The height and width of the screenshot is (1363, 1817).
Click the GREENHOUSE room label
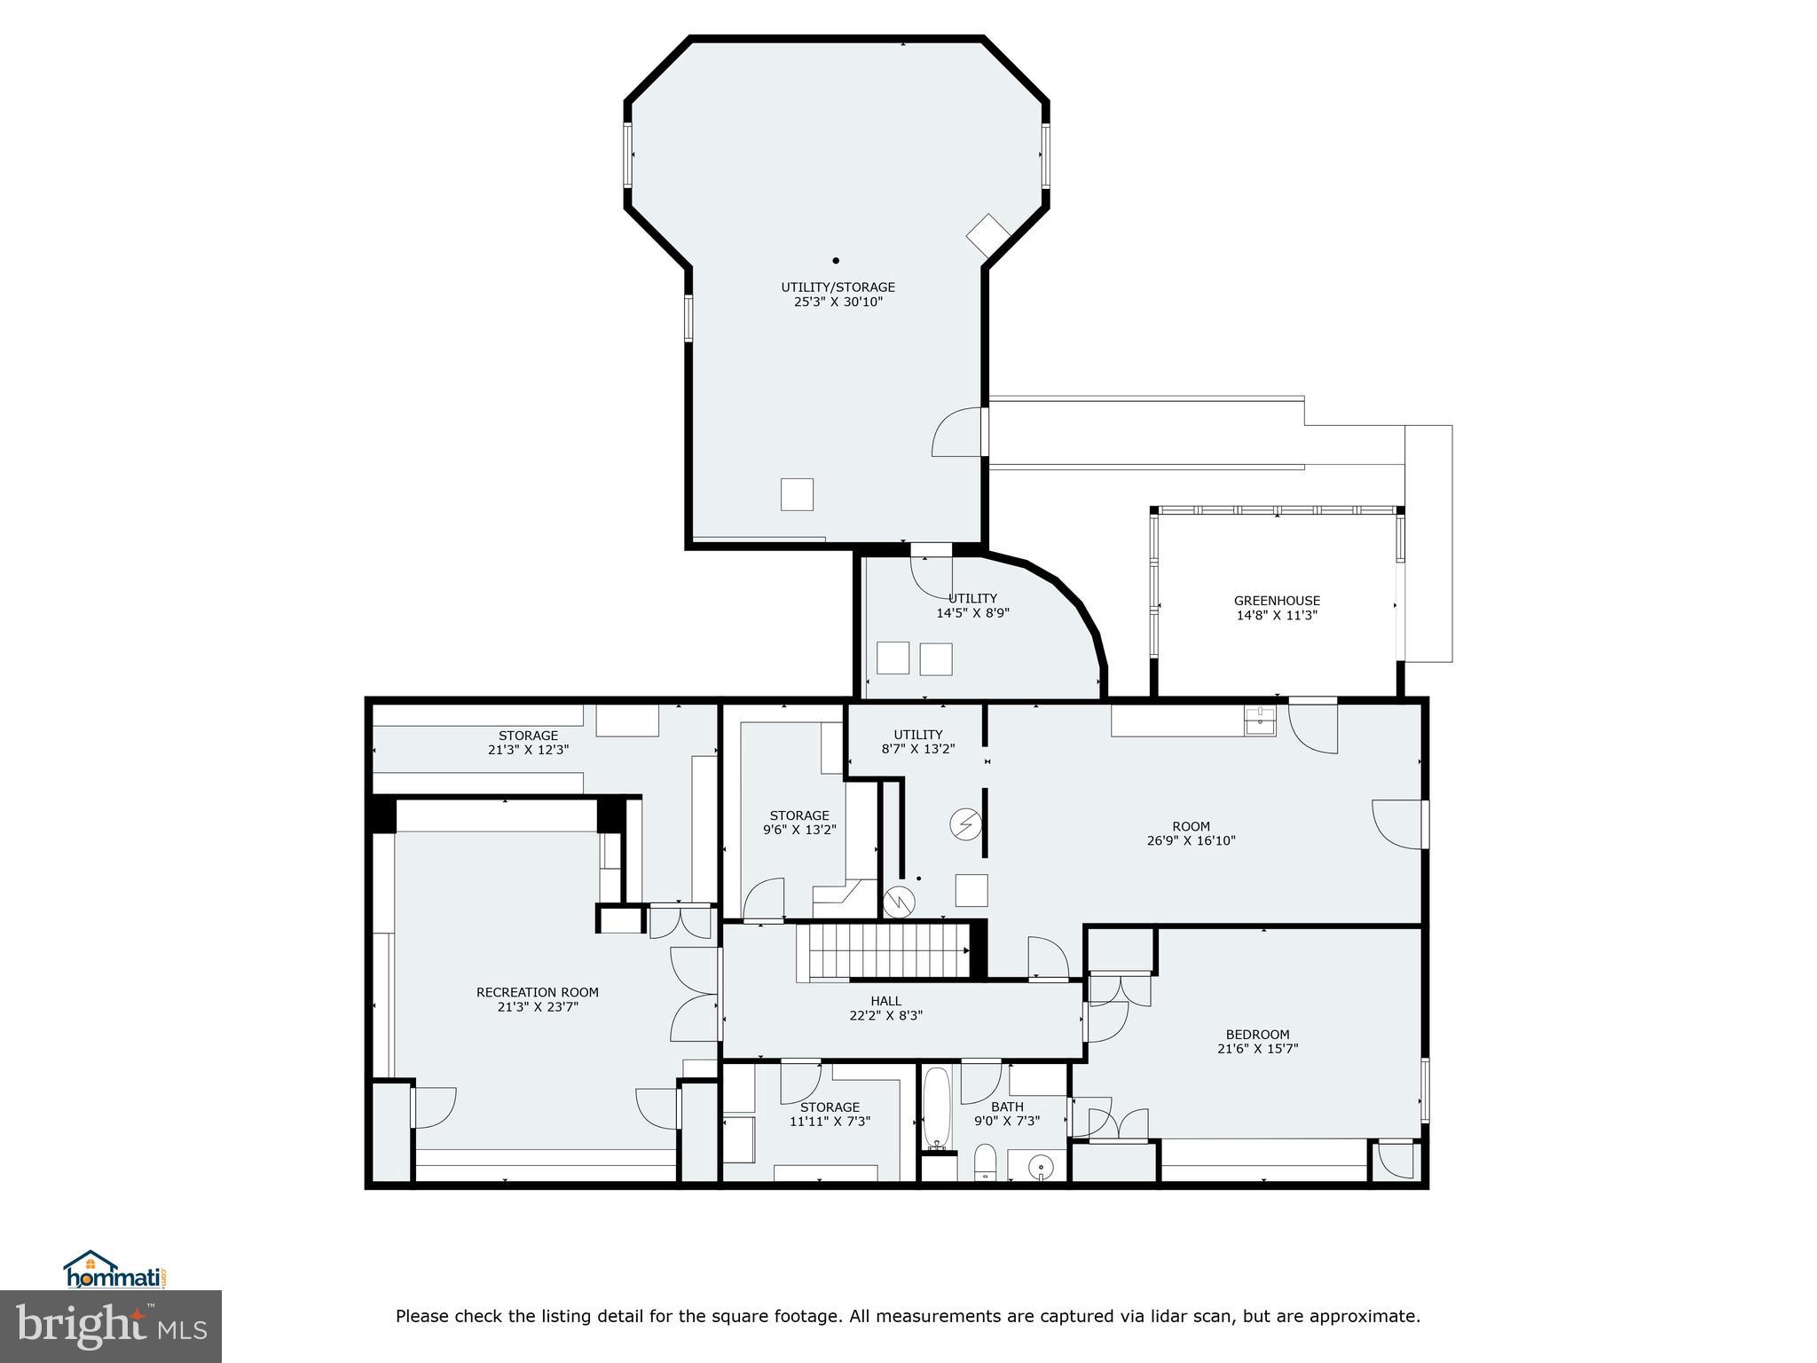click(1277, 601)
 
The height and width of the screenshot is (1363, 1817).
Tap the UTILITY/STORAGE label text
click(838, 288)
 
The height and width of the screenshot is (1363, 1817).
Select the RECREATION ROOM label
click(538, 992)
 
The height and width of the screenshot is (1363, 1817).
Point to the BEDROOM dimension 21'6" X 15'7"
click(1258, 1048)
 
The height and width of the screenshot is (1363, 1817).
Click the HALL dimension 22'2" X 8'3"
click(885, 1015)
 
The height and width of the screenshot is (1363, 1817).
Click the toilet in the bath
click(985, 1162)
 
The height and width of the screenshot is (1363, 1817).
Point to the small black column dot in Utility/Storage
click(836, 261)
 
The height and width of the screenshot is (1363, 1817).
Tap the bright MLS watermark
click(111, 1326)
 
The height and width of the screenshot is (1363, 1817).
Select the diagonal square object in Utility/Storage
click(988, 236)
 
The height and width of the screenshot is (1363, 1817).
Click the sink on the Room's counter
click(1260, 721)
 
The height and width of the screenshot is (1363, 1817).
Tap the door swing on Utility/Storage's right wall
click(957, 434)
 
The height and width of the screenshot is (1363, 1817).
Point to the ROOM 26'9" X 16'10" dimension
click(1191, 840)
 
